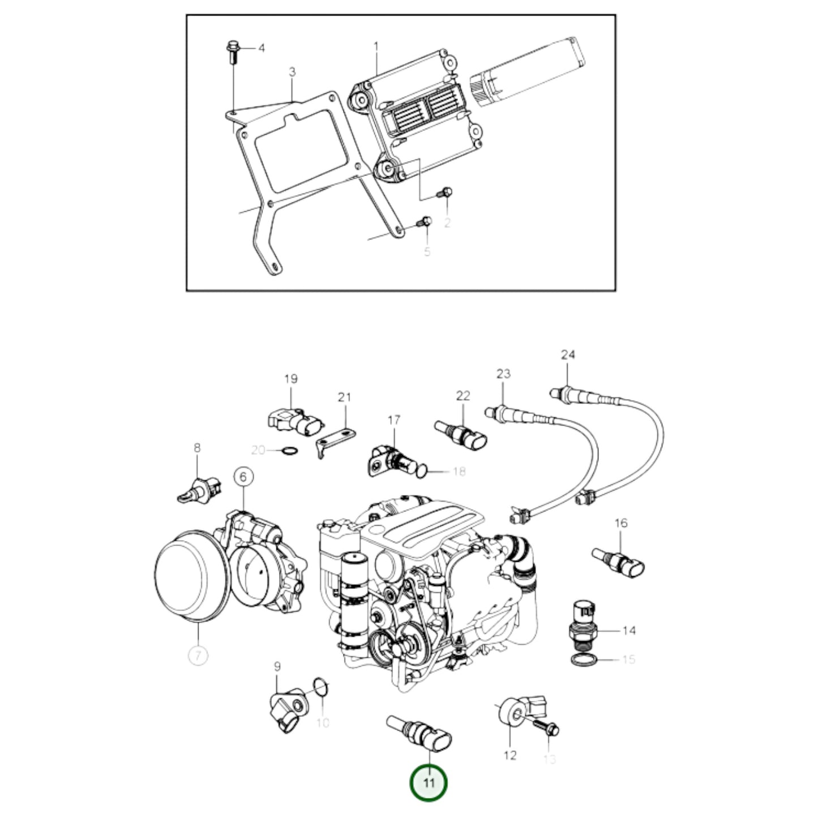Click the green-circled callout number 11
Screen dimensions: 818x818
click(429, 783)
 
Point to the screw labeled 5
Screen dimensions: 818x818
click(424, 221)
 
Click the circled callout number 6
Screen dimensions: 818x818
click(243, 478)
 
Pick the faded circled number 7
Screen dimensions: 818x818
click(198, 656)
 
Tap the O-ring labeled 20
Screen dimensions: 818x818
click(289, 451)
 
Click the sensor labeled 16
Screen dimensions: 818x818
click(619, 559)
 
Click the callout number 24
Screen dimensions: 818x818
click(568, 355)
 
